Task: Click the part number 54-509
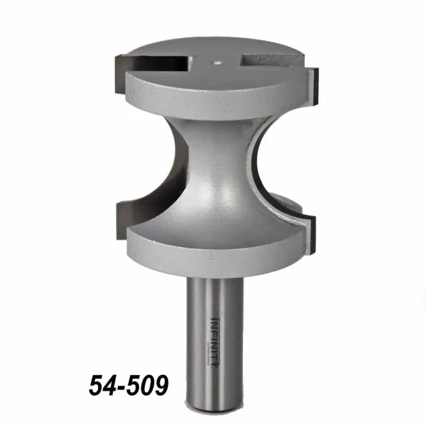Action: (129, 385)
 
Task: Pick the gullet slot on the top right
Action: (268, 60)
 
